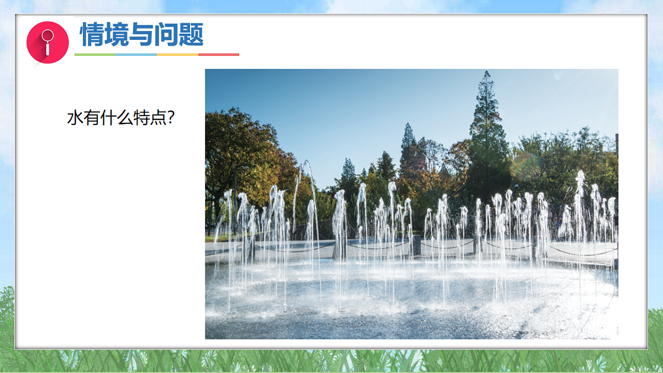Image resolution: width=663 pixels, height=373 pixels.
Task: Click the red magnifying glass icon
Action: [48, 42]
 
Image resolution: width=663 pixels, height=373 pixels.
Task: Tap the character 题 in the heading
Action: [192, 34]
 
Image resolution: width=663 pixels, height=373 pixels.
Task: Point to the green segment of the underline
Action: [95, 55]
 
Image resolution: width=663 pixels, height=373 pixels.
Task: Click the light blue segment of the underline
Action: [136, 55]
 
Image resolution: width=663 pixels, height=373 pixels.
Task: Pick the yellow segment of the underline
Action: [177, 55]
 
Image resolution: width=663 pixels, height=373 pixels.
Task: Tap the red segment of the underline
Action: [219, 55]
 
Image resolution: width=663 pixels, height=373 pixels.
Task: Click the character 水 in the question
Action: [75, 118]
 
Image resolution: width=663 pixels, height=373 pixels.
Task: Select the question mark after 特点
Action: [171, 118]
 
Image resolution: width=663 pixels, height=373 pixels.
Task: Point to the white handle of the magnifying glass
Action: [48, 49]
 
